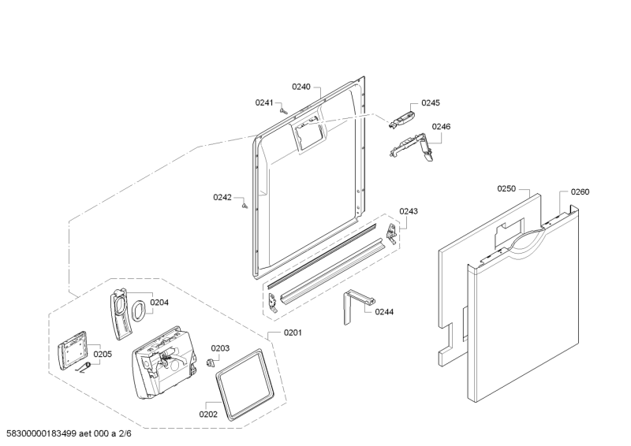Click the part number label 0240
[x=301, y=87]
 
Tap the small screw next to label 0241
[x=283, y=110]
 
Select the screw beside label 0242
[x=245, y=206]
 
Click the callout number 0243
[x=409, y=211]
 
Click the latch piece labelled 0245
[x=401, y=120]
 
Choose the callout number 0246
[x=441, y=127]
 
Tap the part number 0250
[x=506, y=188]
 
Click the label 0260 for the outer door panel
[x=580, y=191]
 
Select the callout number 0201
[x=293, y=333]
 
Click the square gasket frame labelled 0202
[x=245, y=385]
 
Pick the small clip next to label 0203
[x=210, y=362]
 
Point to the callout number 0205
[x=103, y=355]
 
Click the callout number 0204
[x=159, y=303]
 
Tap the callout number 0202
[x=208, y=414]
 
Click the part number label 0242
[x=222, y=197]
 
